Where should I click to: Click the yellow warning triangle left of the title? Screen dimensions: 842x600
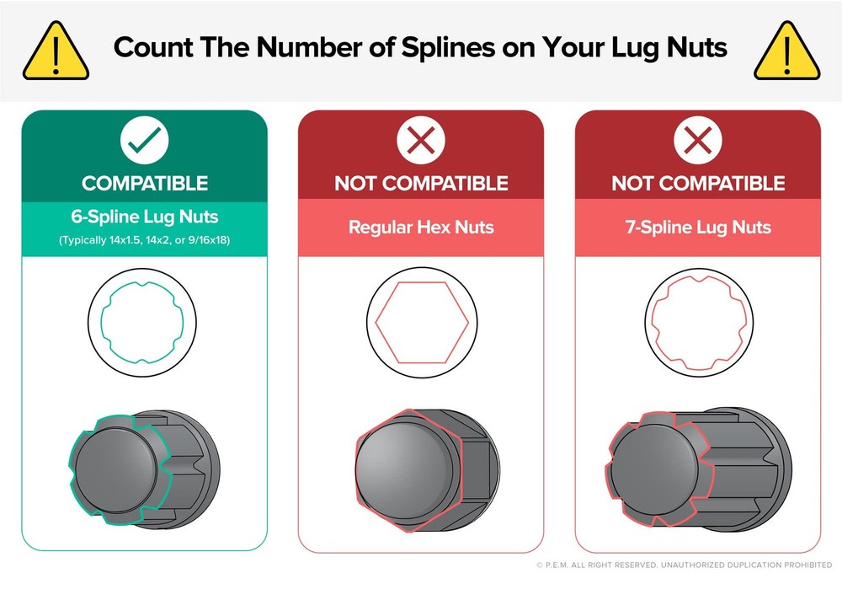(56, 51)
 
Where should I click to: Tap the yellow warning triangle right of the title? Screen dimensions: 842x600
(786, 51)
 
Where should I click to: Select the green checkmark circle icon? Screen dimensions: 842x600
(145, 140)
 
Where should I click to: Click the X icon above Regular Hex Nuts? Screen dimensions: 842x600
(421, 140)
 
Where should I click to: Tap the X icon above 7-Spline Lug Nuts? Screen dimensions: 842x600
(698, 140)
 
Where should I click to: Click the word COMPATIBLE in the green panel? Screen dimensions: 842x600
(145, 184)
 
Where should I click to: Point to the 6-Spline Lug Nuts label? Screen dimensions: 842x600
(145, 217)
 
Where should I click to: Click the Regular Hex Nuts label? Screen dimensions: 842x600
(421, 227)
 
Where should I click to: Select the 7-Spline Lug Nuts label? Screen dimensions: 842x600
(698, 227)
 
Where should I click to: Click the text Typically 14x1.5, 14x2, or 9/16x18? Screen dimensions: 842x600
(145, 240)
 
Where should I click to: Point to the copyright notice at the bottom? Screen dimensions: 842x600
(684, 565)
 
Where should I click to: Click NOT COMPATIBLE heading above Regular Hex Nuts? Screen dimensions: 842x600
(421, 184)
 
